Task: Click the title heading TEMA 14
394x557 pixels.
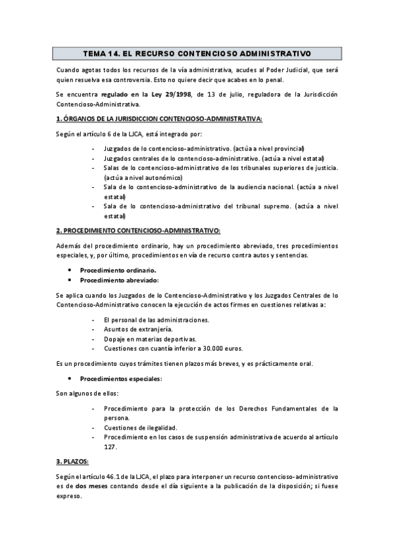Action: click(197, 53)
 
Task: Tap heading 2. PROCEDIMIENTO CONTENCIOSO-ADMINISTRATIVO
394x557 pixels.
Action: click(138, 230)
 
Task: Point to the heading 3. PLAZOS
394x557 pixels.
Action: click(72, 462)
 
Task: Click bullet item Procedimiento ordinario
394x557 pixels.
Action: click(118, 270)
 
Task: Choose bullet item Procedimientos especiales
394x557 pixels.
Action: click(121, 379)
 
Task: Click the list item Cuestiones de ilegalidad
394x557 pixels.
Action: click(140, 428)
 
